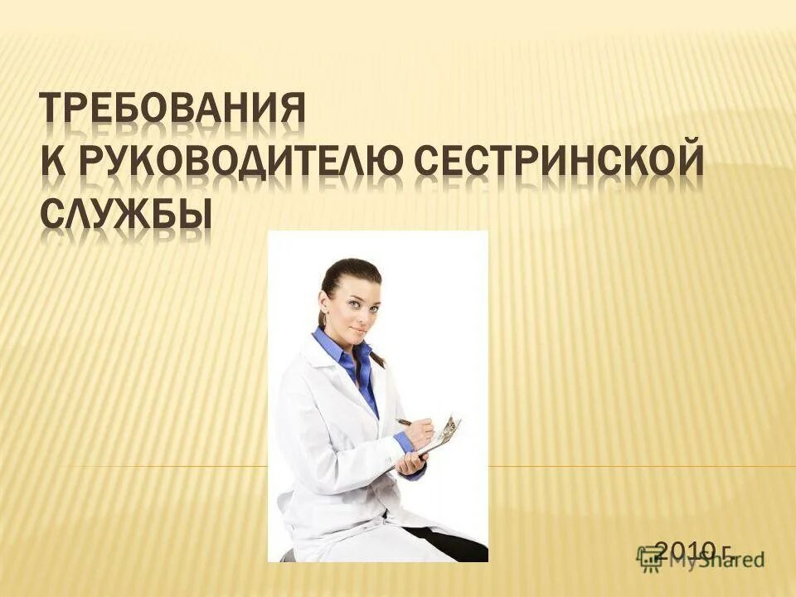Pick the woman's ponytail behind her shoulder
click(x=378, y=357)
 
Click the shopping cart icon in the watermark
click(x=650, y=559)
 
